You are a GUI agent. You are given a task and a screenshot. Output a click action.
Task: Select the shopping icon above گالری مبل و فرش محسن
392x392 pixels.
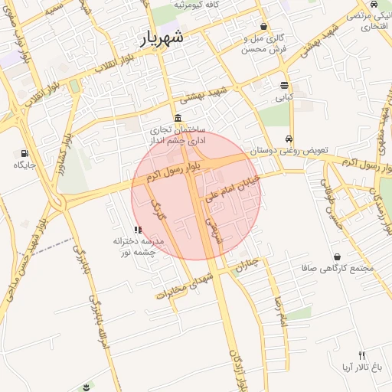(x=263, y=26)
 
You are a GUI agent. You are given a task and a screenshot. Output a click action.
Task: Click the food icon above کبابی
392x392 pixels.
(x=284, y=85)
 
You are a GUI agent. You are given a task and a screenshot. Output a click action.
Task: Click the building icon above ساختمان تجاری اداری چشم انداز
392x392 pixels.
(x=178, y=118)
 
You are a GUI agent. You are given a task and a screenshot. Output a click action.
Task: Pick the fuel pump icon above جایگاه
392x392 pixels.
(x=24, y=153)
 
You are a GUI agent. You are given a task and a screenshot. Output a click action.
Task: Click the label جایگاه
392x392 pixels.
(x=24, y=165)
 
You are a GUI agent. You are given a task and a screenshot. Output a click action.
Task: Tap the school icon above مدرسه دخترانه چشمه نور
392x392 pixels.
(x=137, y=229)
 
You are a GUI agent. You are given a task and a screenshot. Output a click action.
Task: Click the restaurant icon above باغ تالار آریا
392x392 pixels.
(x=362, y=355)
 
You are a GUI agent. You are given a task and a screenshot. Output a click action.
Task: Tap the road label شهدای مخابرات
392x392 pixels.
(x=181, y=286)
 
